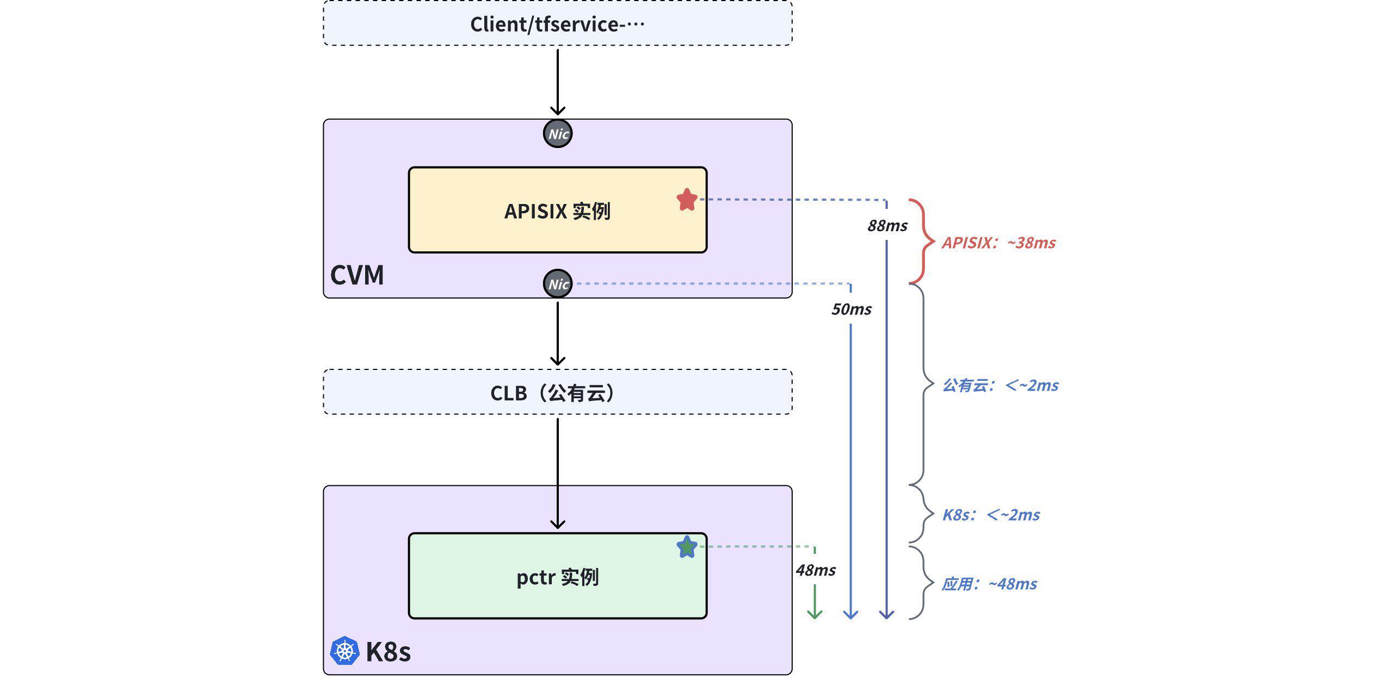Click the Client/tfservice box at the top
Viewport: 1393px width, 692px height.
(x=557, y=24)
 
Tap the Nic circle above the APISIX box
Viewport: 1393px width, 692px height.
(x=558, y=134)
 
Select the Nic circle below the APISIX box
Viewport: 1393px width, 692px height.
(x=558, y=283)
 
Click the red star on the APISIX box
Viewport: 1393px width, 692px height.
(x=687, y=200)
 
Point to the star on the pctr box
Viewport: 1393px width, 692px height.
(x=687, y=547)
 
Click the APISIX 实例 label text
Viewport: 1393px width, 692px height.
(x=557, y=211)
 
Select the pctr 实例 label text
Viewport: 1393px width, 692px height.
(x=557, y=577)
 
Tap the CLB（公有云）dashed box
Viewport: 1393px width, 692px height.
(x=557, y=392)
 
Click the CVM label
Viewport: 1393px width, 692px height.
(x=357, y=275)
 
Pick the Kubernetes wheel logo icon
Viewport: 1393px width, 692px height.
(x=344, y=651)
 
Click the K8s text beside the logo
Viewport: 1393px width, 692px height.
(x=388, y=651)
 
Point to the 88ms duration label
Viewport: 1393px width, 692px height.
(x=887, y=226)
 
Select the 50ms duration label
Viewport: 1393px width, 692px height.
(x=851, y=310)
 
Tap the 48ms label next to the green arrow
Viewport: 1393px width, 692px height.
(x=815, y=570)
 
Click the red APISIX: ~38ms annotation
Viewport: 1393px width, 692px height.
(x=998, y=243)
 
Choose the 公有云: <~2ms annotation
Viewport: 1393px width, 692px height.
(x=1000, y=385)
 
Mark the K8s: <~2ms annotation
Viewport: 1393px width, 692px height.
(x=991, y=515)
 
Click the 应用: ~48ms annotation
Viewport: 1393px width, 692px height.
(x=989, y=584)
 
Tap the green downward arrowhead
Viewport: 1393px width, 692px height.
(x=815, y=614)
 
